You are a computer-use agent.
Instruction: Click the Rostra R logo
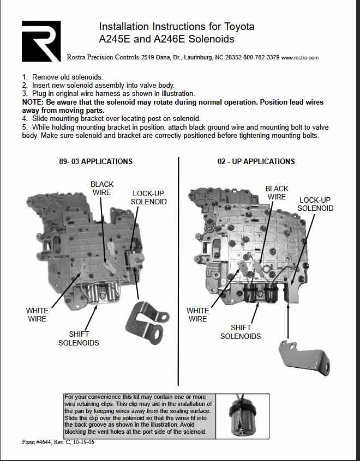[x=41, y=41]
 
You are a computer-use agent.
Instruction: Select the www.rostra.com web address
[x=300, y=57]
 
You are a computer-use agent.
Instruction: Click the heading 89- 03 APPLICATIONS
[x=95, y=161]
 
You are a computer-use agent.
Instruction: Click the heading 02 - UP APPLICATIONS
[x=256, y=161]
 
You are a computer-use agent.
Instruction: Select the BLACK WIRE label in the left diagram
[x=101, y=189]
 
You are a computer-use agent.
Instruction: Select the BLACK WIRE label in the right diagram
[x=277, y=193]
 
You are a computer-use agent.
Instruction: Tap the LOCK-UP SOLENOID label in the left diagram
[x=148, y=198]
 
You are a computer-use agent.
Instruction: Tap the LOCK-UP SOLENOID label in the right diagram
[x=316, y=204]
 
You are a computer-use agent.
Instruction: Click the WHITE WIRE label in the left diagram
[x=37, y=314]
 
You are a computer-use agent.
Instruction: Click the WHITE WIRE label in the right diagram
[x=197, y=314]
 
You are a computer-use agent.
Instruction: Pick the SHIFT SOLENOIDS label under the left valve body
[x=79, y=338]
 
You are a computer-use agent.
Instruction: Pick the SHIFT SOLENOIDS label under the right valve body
[x=241, y=332]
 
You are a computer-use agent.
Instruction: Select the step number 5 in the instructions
[x=25, y=127]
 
